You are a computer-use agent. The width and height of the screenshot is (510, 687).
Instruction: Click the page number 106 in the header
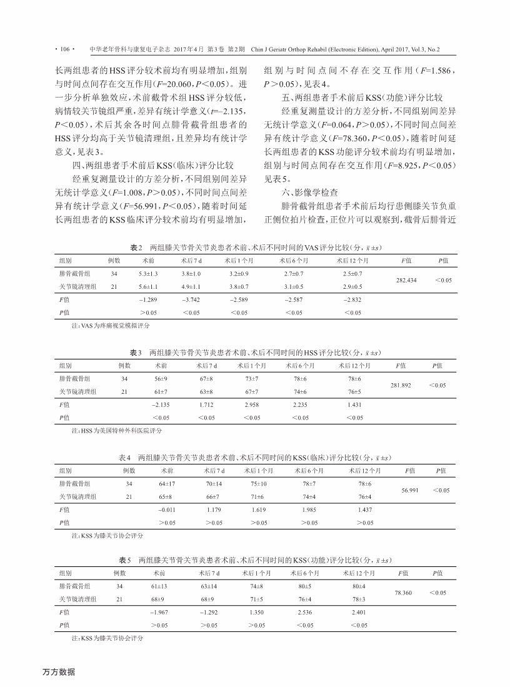[x=64, y=48]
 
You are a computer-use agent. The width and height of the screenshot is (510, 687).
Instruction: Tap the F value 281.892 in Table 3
[x=400, y=385]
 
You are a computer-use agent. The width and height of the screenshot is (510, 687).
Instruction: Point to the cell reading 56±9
[x=161, y=379]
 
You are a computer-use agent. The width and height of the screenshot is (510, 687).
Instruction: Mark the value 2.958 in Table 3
[x=252, y=405]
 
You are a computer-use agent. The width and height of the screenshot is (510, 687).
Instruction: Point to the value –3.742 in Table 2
[x=191, y=300]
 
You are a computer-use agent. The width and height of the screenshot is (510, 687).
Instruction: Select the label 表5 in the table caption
[x=125, y=559]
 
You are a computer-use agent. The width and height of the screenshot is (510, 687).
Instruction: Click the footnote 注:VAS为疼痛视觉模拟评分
[x=102, y=326]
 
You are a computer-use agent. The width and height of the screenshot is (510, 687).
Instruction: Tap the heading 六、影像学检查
[x=309, y=193]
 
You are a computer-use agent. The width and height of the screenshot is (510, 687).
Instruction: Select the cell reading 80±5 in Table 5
[x=306, y=586]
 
